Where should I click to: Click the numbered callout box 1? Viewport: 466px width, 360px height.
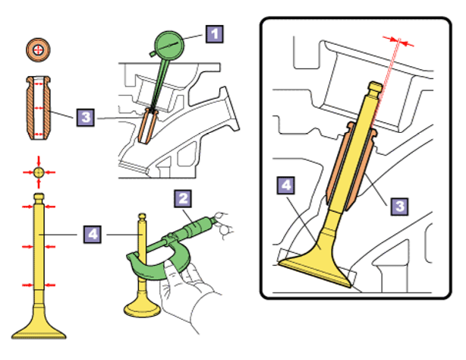click(214, 34)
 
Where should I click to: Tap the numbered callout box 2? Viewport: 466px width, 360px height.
click(183, 198)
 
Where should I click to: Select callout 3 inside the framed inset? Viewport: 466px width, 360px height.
click(399, 206)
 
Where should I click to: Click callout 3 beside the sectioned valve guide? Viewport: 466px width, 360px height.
click(86, 117)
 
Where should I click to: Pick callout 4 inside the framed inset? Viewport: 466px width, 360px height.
click(285, 185)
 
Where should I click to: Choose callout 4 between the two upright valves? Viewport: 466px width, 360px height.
click(92, 235)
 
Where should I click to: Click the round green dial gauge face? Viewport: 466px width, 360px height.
click(169, 46)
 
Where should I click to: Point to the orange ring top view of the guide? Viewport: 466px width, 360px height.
click(38, 50)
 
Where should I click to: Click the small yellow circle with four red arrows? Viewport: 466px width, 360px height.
click(39, 172)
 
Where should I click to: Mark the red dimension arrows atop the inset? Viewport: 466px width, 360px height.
click(398, 41)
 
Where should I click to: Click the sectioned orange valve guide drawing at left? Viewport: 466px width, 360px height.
click(38, 108)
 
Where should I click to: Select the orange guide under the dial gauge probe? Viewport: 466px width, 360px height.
click(147, 126)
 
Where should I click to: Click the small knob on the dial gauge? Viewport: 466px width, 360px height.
click(153, 54)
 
